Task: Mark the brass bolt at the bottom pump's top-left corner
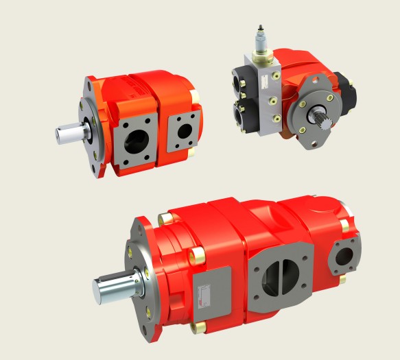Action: [x=164, y=219]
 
